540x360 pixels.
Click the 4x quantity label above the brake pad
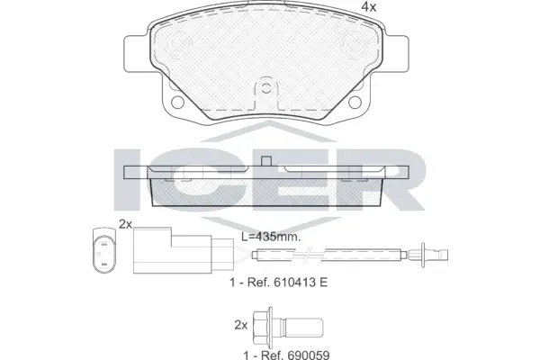click(x=367, y=7)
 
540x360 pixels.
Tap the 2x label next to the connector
click(x=125, y=222)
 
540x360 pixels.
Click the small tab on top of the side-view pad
click(x=266, y=160)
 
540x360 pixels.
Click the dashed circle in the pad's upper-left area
click(x=179, y=41)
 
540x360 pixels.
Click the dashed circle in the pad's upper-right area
click(x=354, y=41)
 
